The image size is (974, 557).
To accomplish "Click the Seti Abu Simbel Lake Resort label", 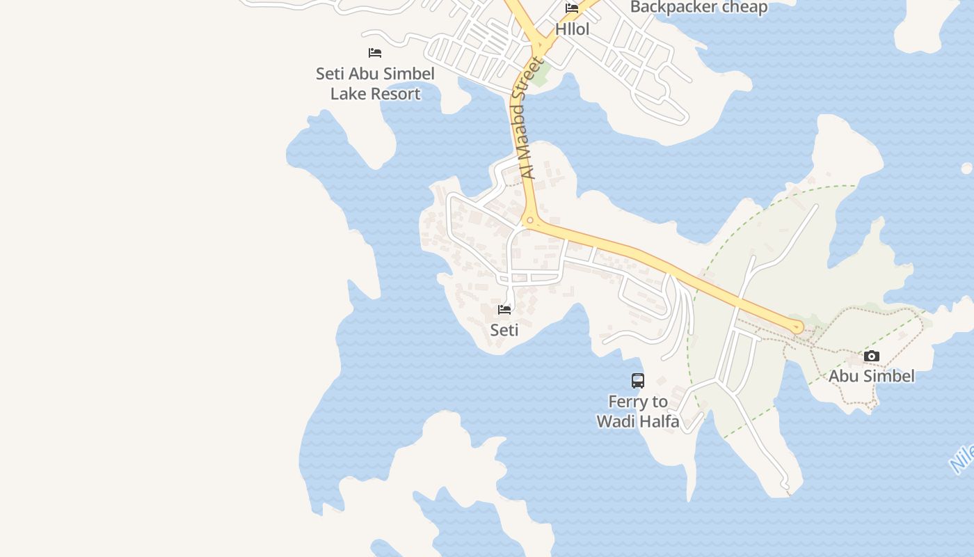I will point(375,84).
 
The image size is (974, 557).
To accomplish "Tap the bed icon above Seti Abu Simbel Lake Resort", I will point(375,53).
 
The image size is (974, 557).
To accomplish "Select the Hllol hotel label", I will point(572,29).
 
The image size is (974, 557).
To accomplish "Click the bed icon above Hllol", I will point(572,8).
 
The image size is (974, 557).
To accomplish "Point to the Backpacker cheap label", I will point(698,8).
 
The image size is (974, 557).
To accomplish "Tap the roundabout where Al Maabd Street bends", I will point(531,221).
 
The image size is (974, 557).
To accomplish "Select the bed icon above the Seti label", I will point(504,309).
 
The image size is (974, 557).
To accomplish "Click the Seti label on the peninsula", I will point(504,330).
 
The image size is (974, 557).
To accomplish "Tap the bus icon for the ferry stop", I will point(638,381).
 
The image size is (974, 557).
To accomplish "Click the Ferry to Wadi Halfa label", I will point(638,411).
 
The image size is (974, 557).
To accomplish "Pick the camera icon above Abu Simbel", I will point(871,356).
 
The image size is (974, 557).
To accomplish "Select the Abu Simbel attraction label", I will point(871,377).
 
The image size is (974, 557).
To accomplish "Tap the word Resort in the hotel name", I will point(396,94).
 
